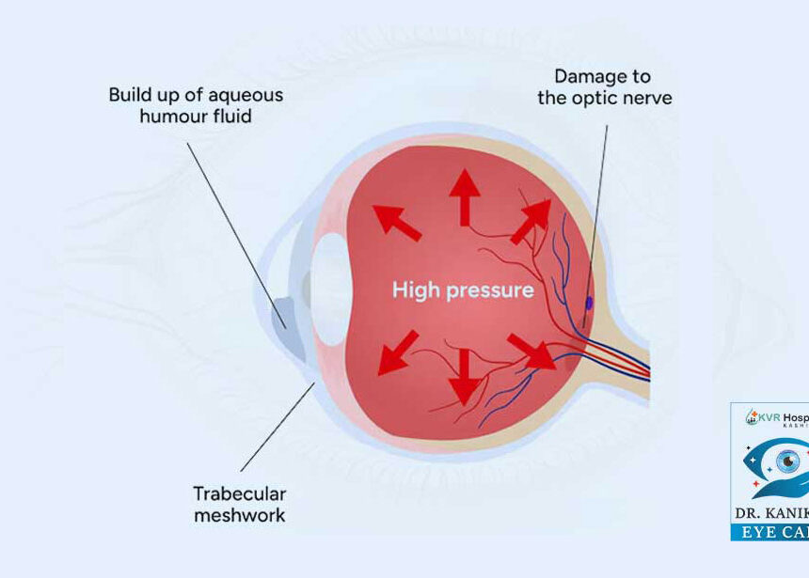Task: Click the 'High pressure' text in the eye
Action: click(x=462, y=289)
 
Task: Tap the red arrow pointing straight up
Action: click(x=464, y=197)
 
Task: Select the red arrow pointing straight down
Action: click(x=465, y=375)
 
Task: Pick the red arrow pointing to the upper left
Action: click(x=396, y=223)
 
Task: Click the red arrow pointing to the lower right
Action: click(x=531, y=351)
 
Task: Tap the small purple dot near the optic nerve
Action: click(x=590, y=303)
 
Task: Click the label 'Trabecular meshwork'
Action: click(x=239, y=504)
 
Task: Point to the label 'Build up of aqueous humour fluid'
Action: click(x=196, y=105)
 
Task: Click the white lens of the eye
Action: click(x=330, y=289)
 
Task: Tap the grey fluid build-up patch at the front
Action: click(x=280, y=313)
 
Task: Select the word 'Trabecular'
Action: click(x=240, y=493)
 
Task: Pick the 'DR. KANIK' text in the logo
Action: click(x=771, y=514)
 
